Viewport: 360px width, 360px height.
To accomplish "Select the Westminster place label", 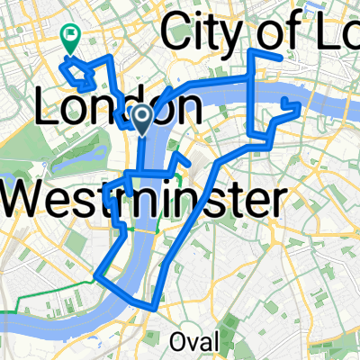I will [140, 200].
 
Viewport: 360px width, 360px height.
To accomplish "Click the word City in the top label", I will [202, 36].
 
